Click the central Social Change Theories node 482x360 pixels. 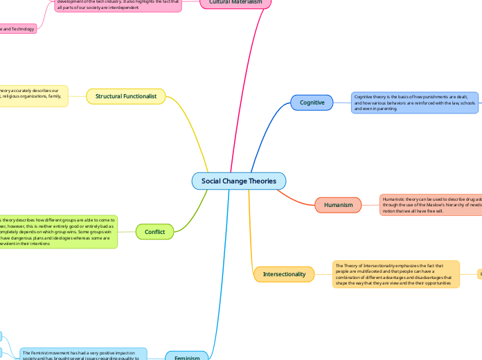coord(238,181)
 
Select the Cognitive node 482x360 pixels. coord(312,102)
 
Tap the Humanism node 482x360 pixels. coord(339,205)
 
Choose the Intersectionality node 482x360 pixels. coord(284,274)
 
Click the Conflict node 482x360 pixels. coord(155,232)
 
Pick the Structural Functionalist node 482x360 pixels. coord(125,96)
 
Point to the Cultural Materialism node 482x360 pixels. coord(235,3)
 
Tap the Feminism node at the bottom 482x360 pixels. coord(186,356)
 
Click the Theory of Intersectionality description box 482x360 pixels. coord(395,273)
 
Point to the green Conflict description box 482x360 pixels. coord(58,231)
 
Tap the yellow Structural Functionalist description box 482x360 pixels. coord(34,96)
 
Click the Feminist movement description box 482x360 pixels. coord(82,354)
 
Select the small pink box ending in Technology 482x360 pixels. coord(18,29)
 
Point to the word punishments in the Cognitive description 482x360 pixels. coord(423,97)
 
